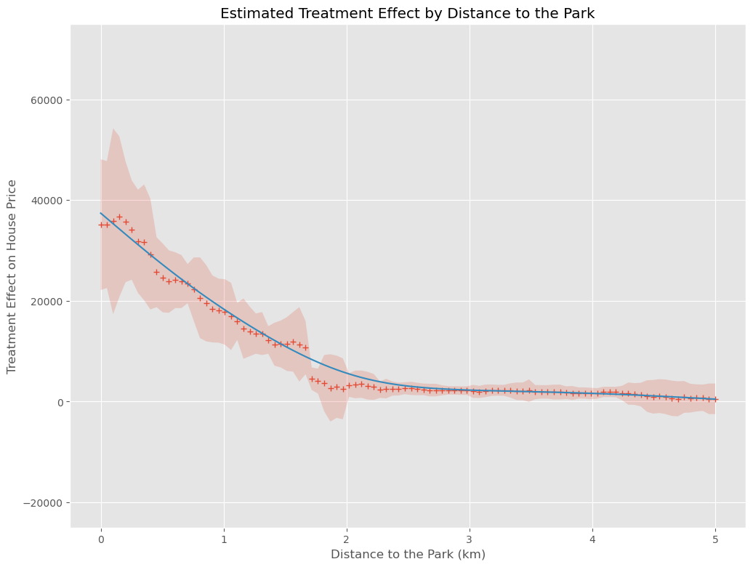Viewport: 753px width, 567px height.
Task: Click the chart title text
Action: point(407,13)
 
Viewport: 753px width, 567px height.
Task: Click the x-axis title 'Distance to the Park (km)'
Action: point(408,554)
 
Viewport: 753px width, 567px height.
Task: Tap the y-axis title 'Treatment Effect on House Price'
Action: point(12,276)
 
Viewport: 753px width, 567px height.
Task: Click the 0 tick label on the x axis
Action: point(101,539)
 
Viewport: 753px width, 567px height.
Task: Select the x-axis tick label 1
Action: point(224,539)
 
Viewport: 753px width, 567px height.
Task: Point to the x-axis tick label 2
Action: point(347,539)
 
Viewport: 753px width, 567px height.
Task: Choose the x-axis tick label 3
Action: point(470,539)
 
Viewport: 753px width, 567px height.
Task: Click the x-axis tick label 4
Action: point(592,539)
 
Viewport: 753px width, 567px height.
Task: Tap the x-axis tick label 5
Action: point(715,539)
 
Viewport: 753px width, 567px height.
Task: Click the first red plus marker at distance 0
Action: point(101,225)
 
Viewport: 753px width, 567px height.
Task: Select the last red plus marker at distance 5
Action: point(715,399)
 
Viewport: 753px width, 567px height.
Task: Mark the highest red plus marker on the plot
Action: point(119,217)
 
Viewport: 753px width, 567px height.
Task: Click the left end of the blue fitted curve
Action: point(101,213)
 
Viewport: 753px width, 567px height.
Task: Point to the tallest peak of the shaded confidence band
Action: point(113,129)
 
